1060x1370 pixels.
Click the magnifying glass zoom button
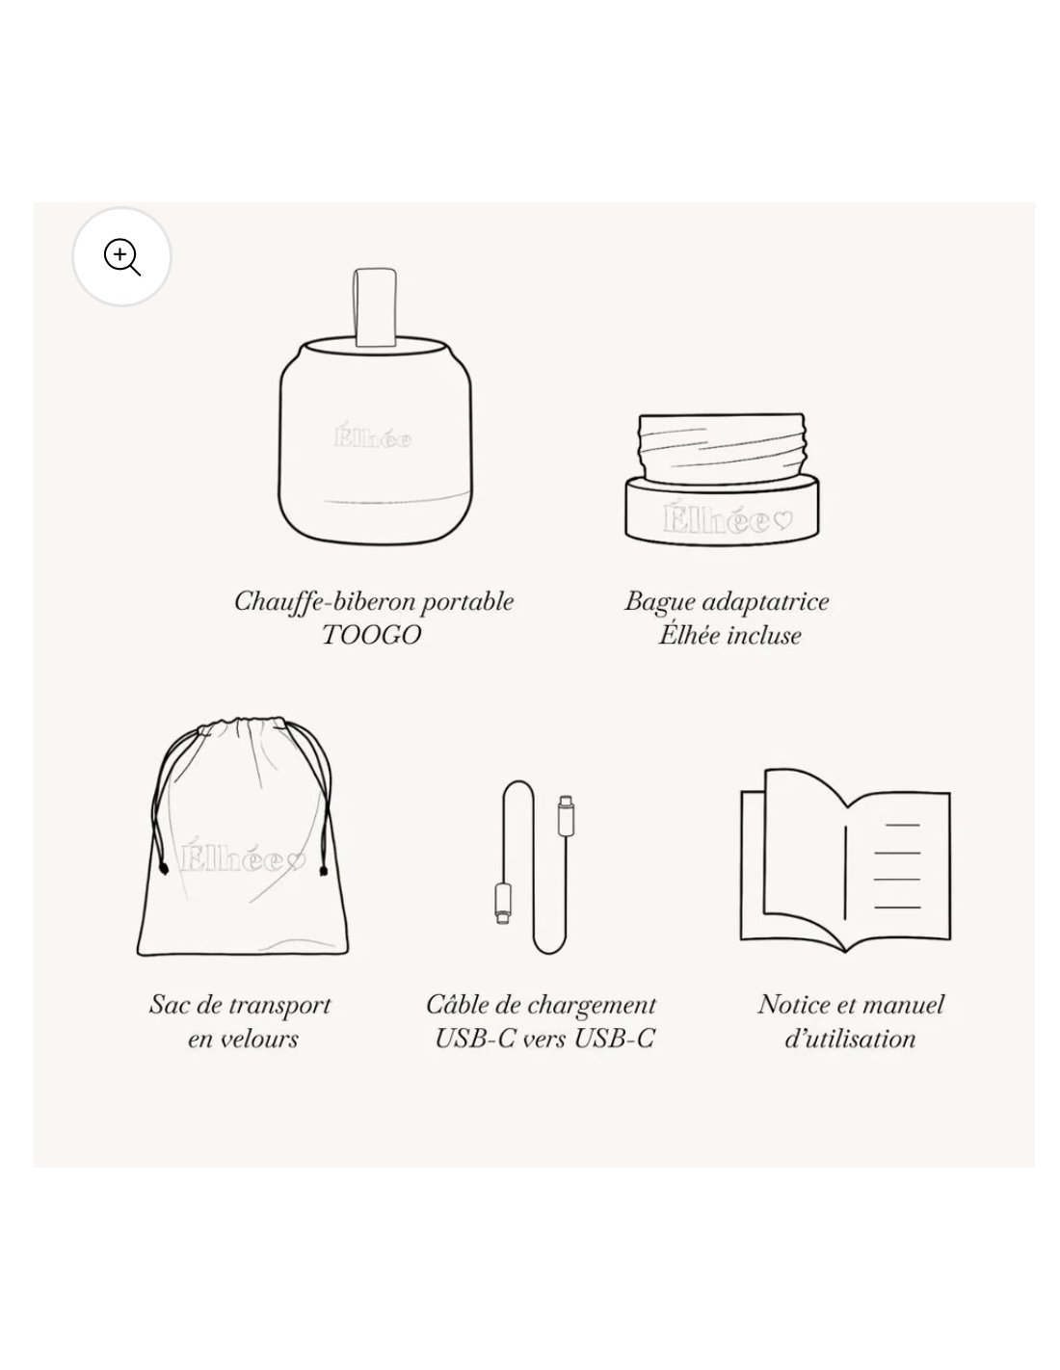point(121,256)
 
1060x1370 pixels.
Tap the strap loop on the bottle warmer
point(375,307)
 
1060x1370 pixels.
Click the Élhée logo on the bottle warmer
point(373,436)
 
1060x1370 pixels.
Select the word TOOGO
point(372,636)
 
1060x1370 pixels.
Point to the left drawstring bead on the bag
point(164,870)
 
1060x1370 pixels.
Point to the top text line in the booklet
point(902,826)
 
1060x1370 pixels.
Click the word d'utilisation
point(850,1039)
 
